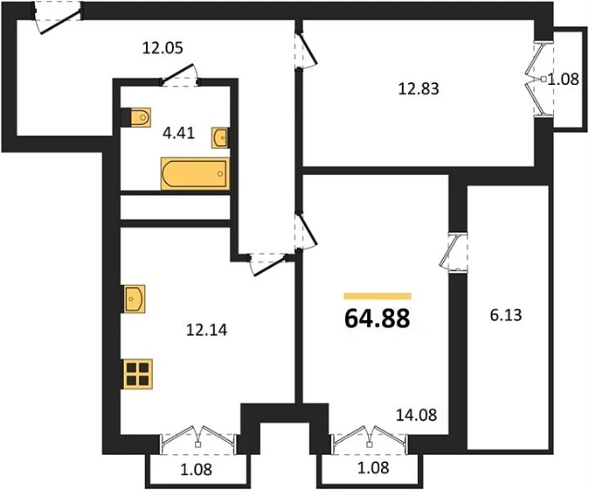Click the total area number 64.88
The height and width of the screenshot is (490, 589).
tap(377, 318)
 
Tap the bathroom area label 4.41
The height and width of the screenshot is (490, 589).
tap(178, 133)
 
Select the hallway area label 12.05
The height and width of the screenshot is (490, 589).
tap(163, 48)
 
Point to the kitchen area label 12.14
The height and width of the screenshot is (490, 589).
tap(206, 330)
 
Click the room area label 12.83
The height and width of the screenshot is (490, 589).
tap(419, 89)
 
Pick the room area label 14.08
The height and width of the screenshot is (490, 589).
tap(417, 415)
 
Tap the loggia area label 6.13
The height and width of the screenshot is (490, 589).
tap(506, 315)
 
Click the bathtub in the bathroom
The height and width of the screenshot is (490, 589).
tap(195, 173)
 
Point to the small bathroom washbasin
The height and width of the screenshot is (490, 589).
tap(219, 137)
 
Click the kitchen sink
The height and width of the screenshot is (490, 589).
tap(135, 298)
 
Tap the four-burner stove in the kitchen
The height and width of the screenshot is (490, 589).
tap(137, 374)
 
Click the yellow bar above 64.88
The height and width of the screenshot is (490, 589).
tap(378, 297)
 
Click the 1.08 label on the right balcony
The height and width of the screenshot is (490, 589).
tap(563, 80)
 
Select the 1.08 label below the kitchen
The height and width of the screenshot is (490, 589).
tap(196, 469)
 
